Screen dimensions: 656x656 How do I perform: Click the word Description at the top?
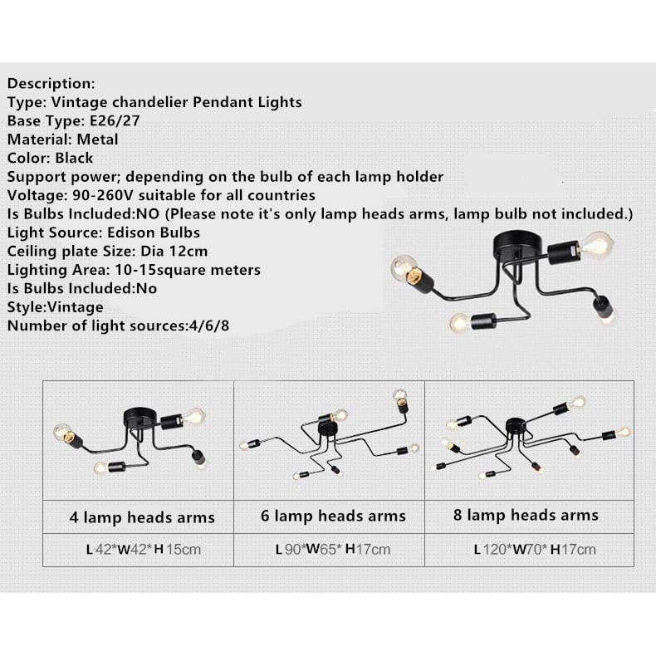click(x=51, y=84)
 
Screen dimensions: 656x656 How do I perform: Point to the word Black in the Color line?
click(x=75, y=158)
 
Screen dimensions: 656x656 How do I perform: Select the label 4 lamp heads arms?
click(x=142, y=517)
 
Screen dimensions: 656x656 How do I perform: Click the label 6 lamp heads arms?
click(x=333, y=516)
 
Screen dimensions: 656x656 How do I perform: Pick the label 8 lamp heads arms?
click(x=526, y=516)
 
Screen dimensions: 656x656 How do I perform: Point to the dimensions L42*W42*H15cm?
click(x=144, y=549)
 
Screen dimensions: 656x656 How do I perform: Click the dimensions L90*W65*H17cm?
click(x=333, y=549)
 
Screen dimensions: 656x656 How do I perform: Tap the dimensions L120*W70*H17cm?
click(x=535, y=549)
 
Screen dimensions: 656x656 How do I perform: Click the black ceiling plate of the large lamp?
click(x=519, y=243)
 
